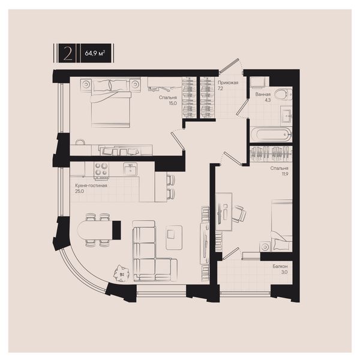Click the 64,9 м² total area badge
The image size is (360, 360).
[95, 53]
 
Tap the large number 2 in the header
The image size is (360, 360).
[67, 53]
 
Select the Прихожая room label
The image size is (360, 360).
[228, 83]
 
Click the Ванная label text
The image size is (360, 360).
[263, 94]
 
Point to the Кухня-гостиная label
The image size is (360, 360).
[91, 185]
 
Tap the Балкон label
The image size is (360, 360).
[280, 266]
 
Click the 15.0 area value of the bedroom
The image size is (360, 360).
[173, 103]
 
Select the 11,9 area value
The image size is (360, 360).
[284, 174]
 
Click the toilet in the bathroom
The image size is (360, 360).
[283, 94]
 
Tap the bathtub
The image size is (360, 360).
[271, 134]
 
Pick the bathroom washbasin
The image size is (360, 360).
[286, 115]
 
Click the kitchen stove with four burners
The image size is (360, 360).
[101, 170]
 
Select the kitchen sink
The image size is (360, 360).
[130, 169]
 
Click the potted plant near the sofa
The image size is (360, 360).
[122, 273]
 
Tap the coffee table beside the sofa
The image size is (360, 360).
[174, 238]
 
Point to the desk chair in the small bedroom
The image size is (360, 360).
[239, 214]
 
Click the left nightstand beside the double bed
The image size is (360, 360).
[86, 84]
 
